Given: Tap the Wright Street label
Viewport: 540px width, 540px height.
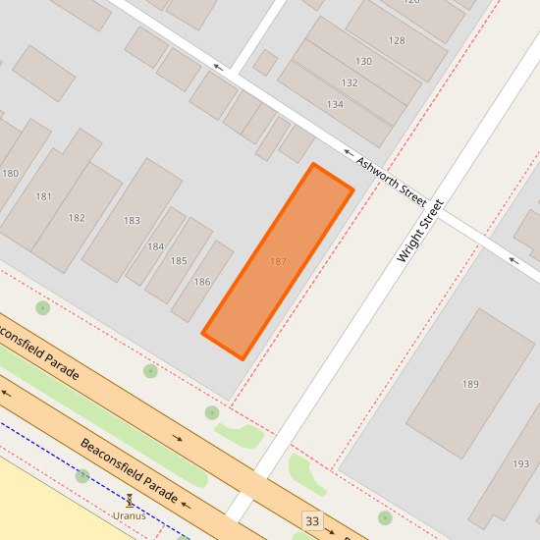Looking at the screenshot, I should pyautogui.click(x=420, y=231).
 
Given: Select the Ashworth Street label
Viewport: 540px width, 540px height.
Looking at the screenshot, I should pyautogui.click(x=391, y=181).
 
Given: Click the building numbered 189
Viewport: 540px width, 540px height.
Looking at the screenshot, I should pyautogui.click(x=470, y=383).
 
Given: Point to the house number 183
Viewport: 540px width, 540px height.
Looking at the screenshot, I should pyautogui.click(x=132, y=221).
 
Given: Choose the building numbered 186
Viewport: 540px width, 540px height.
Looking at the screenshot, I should pyautogui.click(x=202, y=282).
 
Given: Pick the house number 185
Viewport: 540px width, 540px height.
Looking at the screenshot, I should pyautogui.click(x=179, y=261).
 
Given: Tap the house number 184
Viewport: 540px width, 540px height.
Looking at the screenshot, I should pyautogui.click(x=155, y=246).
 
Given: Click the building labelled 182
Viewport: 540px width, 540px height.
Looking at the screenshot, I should pyautogui.click(x=77, y=218).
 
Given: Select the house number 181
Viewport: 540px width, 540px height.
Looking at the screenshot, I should pyautogui.click(x=43, y=196).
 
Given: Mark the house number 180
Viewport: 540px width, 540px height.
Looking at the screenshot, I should pyautogui.click(x=10, y=174).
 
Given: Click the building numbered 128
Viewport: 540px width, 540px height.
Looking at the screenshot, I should pyautogui.click(x=397, y=40).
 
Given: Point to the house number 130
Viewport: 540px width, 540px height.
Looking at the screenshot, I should pyautogui.click(x=363, y=61).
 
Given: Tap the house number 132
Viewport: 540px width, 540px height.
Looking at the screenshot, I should pyautogui.click(x=350, y=82).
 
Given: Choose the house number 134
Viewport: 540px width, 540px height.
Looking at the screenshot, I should pyautogui.click(x=335, y=104).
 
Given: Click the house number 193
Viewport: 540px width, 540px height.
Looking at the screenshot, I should pyautogui.click(x=520, y=463).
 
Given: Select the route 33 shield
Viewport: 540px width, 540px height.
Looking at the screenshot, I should pyautogui.click(x=312, y=520).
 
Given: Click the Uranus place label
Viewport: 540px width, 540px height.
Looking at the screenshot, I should pyautogui.click(x=129, y=515).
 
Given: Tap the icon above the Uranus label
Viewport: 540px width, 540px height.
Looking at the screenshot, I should pyautogui.click(x=129, y=501).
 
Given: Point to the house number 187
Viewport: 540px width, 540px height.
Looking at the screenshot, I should pyautogui.click(x=278, y=261).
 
